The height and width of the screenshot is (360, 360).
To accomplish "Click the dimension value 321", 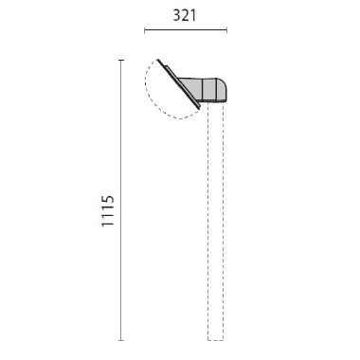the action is tap(185, 15).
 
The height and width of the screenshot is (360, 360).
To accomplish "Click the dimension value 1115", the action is tap(108, 210).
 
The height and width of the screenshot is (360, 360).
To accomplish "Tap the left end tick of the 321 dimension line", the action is tap(145, 30).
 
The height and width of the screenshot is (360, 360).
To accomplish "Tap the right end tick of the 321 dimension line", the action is tap(226, 30).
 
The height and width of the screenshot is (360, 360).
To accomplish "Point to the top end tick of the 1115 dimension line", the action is tap(120, 60).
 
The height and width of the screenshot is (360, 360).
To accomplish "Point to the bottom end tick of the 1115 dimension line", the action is tap(120, 340).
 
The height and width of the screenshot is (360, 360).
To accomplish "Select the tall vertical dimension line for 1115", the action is tap(120, 200).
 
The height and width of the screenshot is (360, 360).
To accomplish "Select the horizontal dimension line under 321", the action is tap(186, 30).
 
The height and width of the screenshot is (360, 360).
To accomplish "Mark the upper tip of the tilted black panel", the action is tap(158, 60).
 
